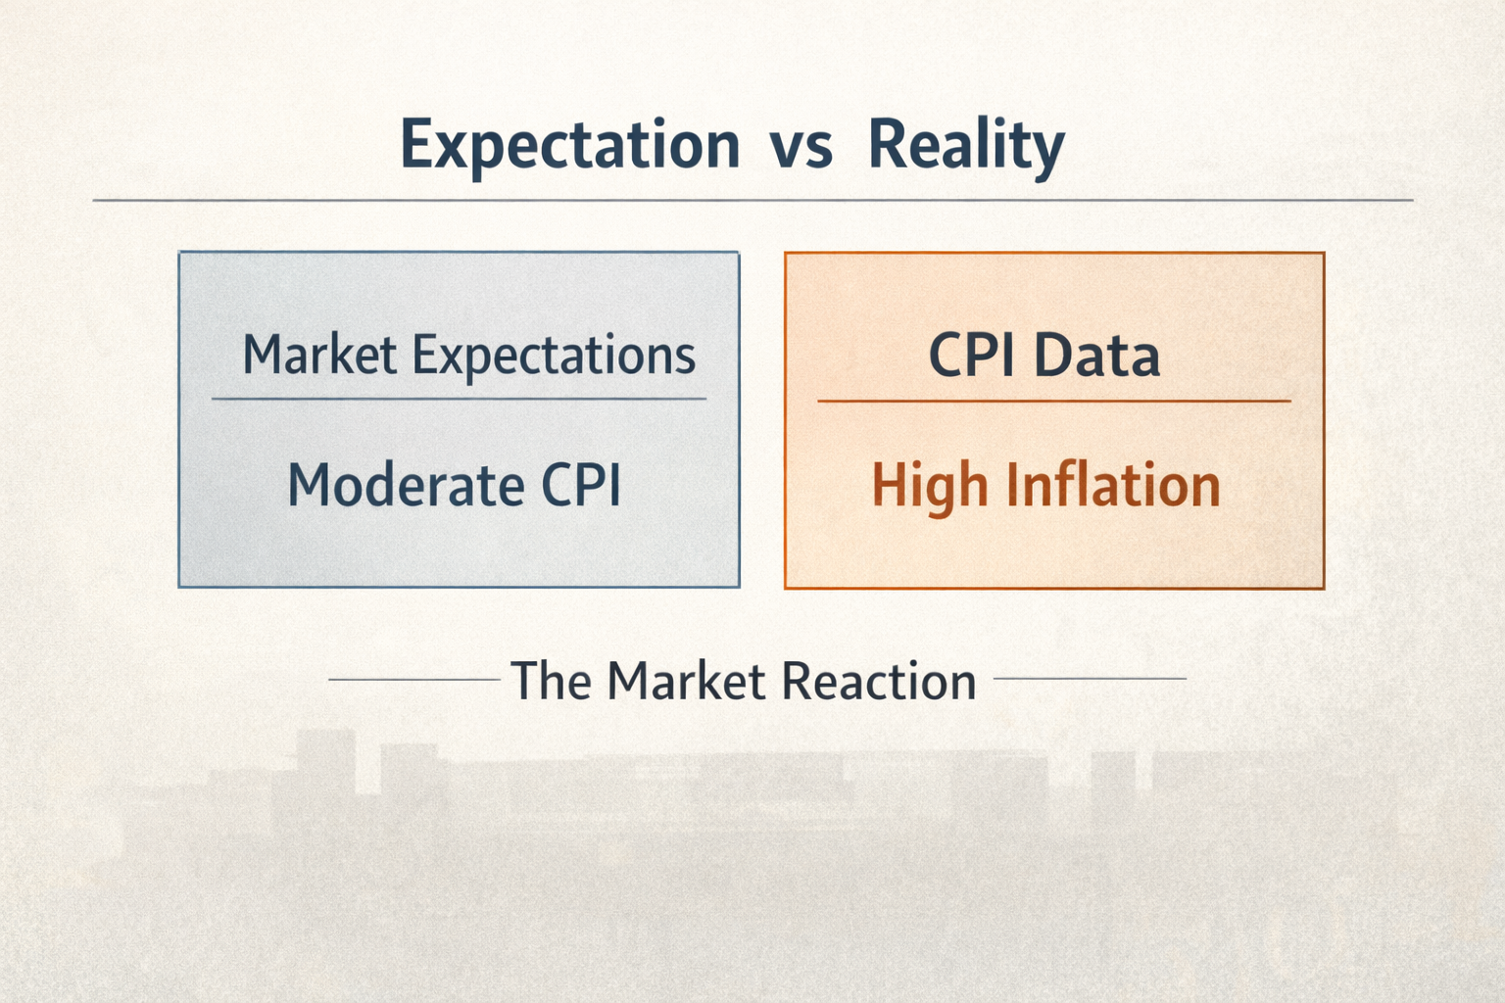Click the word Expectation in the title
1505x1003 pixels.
[x=569, y=146]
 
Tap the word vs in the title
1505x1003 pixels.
[x=801, y=146]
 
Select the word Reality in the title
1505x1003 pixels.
[x=965, y=146]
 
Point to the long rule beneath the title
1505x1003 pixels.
[x=752, y=200]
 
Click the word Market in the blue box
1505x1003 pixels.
[x=319, y=355]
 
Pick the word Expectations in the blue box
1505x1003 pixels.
[x=554, y=357]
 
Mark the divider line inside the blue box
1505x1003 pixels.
[x=459, y=399]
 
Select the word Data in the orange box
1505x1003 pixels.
[x=1097, y=356]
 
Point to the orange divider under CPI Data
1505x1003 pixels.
[x=1054, y=401]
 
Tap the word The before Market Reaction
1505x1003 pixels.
[x=551, y=681]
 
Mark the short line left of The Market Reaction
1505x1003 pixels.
[x=413, y=678]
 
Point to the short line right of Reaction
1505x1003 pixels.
[x=1090, y=678]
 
